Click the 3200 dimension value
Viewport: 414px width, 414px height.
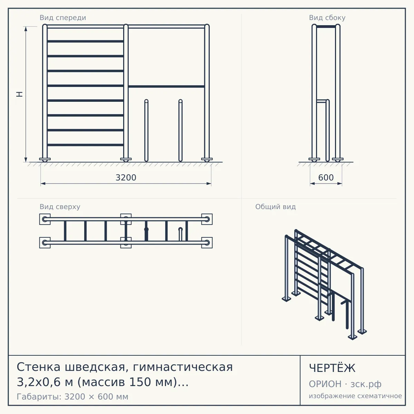tap(126, 178)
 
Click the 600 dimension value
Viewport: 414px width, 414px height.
tap(326, 178)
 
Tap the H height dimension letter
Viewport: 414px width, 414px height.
tap(20, 94)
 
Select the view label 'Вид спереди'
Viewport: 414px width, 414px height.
tap(63, 18)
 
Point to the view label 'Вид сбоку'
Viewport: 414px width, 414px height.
tap(327, 18)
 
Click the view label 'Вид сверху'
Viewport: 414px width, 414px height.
tap(60, 207)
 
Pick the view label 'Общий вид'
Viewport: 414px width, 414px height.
tap(275, 207)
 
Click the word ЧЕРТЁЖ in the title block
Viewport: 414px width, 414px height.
tap(332, 368)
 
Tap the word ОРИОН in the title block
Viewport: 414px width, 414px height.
tap(325, 384)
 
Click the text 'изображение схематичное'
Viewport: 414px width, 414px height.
tap(355, 396)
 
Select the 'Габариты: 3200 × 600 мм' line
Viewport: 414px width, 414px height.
tap(72, 397)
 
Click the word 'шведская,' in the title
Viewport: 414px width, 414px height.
tap(95, 367)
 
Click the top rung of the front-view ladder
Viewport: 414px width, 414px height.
tap(85, 41)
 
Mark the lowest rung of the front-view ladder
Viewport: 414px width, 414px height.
tap(85, 145)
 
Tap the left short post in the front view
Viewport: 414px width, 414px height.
tap(146, 130)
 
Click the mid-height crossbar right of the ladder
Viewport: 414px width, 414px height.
tap(166, 87)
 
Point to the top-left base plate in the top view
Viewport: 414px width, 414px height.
tap(45, 219)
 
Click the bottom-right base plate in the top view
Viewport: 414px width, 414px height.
tap(207, 243)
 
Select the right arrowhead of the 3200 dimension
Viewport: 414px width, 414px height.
tap(209, 184)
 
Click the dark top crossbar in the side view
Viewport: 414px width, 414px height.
tap(326, 27)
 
